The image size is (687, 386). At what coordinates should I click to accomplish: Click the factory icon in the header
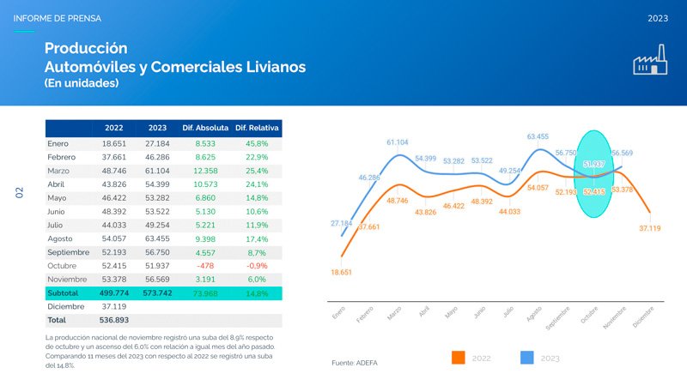pyautogui.click(x=650, y=61)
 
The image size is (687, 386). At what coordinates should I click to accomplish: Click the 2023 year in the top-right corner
pyautogui.click(x=659, y=18)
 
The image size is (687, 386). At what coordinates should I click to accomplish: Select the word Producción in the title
pyautogui.click(x=86, y=48)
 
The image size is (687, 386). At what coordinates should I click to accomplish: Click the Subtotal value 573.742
pyautogui.click(x=157, y=293)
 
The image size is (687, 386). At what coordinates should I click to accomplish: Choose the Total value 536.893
pyautogui.click(x=114, y=320)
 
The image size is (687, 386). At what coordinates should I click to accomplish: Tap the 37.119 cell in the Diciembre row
pyautogui.click(x=114, y=306)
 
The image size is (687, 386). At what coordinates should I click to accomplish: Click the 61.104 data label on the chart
pyautogui.click(x=397, y=142)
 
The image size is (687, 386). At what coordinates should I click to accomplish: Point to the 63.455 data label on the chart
pyautogui.click(x=538, y=136)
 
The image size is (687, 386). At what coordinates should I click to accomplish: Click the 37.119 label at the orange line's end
pyautogui.click(x=650, y=228)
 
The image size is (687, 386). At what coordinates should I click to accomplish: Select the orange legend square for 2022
pyautogui.click(x=459, y=358)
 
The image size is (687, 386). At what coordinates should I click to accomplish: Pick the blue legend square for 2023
pyautogui.click(x=527, y=358)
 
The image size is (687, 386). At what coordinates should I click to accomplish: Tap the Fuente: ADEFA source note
pyautogui.click(x=354, y=363)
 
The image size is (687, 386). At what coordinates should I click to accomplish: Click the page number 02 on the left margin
pyautogui.click(x=19, y=194)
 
